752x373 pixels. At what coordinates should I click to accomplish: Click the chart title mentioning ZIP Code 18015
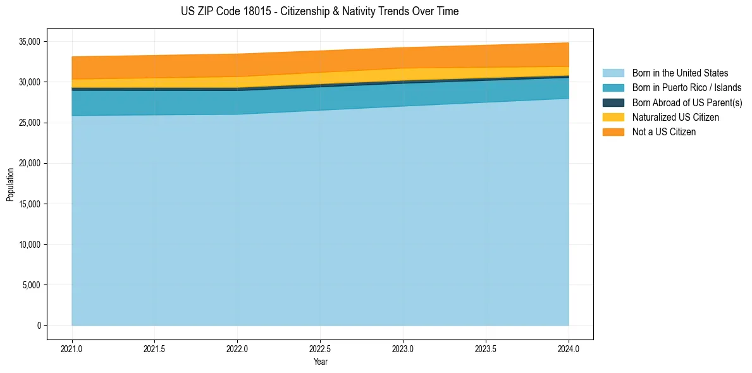click(319, 11)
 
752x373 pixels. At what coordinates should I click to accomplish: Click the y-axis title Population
click(10, 184)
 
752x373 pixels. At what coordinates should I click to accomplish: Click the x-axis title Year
click(320, 362)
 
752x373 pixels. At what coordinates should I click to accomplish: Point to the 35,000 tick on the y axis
click(29, 42)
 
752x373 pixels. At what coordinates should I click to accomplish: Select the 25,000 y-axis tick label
click(29, 123)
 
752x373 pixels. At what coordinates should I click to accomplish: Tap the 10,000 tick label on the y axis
click(29, 245)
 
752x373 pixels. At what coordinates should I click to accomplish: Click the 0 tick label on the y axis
click(39, 326)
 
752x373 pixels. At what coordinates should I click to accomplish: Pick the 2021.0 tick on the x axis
click(71, 348)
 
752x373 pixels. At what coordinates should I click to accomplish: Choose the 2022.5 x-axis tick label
click(320, 348)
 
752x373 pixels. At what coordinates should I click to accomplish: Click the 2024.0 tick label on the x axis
click(569, 348)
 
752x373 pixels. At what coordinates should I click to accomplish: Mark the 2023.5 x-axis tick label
click(486, 348)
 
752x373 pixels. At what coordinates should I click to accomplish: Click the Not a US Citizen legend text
click(664, 131)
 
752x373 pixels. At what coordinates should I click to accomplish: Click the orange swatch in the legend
click(613, 131)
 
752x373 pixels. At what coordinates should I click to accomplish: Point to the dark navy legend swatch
click(613, 102)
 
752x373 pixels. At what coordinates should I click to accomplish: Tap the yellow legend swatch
click(613, 117)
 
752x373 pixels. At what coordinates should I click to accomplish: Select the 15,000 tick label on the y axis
click(29, 204)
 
